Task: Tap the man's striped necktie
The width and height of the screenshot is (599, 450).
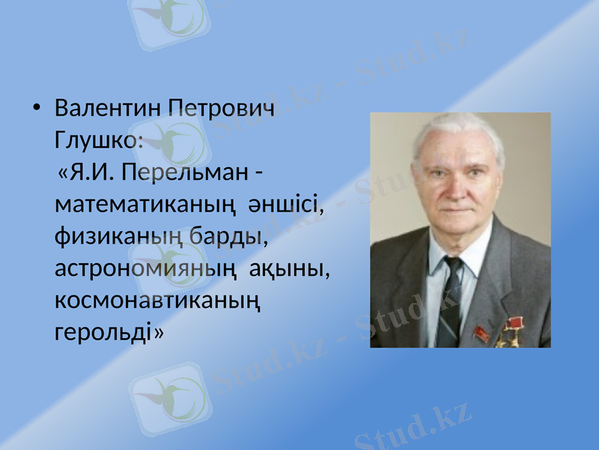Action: (x=450, y=304)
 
